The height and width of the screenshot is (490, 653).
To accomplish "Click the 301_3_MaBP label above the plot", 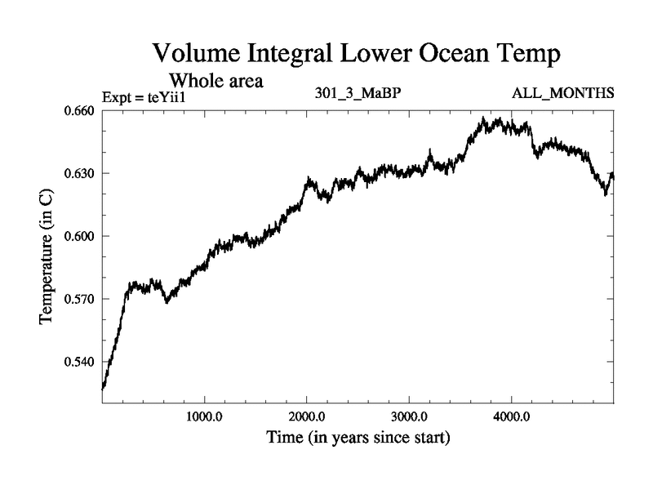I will coord(358,93).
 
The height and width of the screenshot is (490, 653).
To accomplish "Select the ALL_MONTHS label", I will coord(562,93).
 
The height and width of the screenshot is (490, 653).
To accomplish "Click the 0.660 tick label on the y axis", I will coord(79,111).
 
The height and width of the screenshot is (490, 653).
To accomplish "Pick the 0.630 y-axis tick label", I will coord(79,174).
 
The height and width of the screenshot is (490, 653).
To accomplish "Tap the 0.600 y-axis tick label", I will coord(79,236).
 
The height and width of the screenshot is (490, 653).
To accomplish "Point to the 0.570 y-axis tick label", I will coord(79,299).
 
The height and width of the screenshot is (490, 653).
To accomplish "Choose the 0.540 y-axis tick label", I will coord(79,362).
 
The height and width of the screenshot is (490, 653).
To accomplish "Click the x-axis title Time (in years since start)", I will coord(358,439).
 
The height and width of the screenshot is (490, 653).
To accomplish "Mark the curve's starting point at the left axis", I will coord(102,389).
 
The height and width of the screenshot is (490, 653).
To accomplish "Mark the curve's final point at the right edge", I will coord(613,176).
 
